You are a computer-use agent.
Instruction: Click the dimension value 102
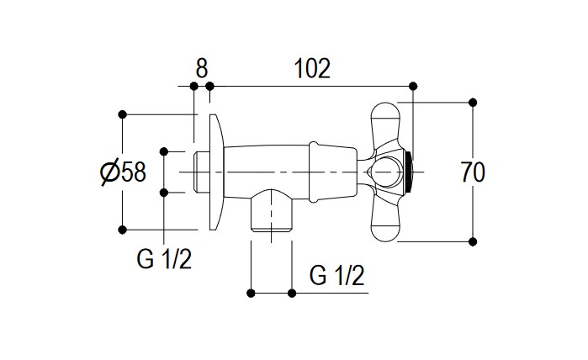312,68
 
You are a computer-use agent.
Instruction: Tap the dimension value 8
200,68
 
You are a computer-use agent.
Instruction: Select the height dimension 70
474,172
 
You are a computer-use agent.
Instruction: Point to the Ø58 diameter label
123,172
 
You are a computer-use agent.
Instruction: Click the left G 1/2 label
165,260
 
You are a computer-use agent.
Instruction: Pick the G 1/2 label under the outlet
336,274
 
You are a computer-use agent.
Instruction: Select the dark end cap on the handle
409,172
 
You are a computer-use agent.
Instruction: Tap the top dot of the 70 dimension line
472,103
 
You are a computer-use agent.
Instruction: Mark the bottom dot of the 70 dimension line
472,241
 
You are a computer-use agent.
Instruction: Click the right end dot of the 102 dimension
412,86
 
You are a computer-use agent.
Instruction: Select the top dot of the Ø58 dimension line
123,114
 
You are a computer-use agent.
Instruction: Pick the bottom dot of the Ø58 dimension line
123,229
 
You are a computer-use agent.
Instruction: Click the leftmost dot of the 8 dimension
193,86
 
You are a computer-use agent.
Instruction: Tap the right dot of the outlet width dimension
291,293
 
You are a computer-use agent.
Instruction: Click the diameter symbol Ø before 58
109,172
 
